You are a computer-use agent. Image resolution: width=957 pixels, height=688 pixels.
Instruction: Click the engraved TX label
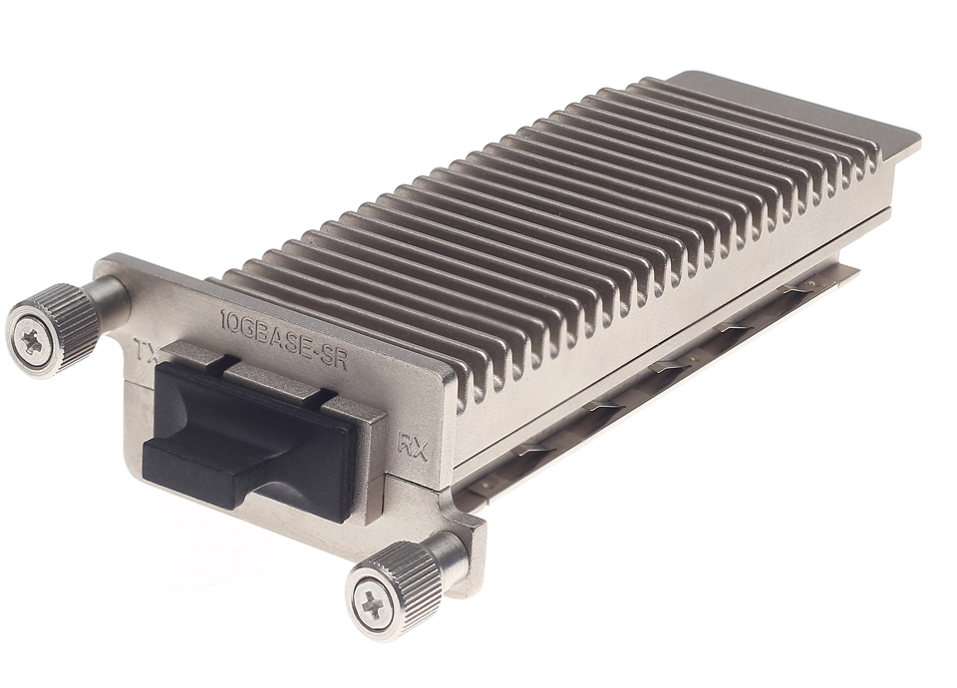point(145,350)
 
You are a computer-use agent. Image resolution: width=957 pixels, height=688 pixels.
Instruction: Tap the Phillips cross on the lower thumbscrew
point(371,602)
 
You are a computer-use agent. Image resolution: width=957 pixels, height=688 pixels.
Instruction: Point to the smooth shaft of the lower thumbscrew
point(448,553)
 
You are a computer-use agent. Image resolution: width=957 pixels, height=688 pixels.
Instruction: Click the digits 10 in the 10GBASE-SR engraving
point(227,321)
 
